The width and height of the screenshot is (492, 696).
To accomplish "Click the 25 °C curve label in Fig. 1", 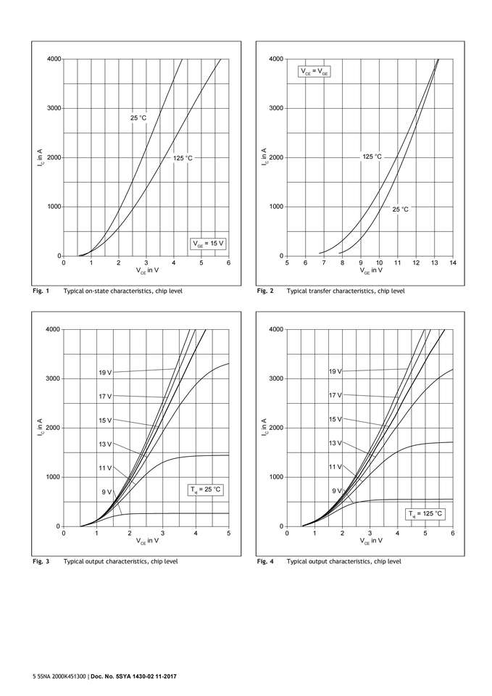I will [138, 117].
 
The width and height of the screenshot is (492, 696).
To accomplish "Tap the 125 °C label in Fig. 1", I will [183, 157].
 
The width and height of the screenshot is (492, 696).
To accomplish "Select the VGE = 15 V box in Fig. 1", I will [208, 244].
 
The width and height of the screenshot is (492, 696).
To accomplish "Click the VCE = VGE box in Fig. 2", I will [314, 72].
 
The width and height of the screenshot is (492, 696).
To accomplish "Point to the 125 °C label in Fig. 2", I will [372, 157].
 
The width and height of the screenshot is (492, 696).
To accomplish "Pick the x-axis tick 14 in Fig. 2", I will [453, 262].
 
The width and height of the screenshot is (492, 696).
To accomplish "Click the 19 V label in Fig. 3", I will [105, 373].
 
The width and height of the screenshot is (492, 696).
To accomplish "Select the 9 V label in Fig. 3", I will [107, 492].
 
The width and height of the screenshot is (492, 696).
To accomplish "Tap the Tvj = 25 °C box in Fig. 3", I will [207, 490].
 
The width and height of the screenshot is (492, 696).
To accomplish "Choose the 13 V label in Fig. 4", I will [335, 443].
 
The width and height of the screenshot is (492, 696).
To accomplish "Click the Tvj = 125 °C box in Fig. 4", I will [425, 514].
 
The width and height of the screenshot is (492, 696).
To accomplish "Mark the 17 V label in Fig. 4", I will [335, 395].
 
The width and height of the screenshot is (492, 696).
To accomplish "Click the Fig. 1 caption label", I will [40, 291].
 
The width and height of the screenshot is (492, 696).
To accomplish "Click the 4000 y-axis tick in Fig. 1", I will [51, 59].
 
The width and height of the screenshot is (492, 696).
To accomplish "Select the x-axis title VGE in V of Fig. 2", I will [370, 271].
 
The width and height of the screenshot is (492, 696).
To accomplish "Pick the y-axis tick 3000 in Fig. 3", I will [51, 378].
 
